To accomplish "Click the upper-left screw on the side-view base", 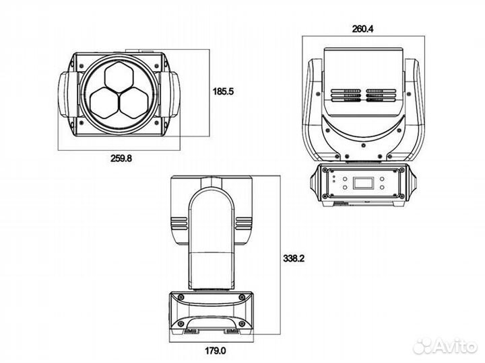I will click(179, 298).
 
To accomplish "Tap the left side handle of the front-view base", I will click(314, 184).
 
